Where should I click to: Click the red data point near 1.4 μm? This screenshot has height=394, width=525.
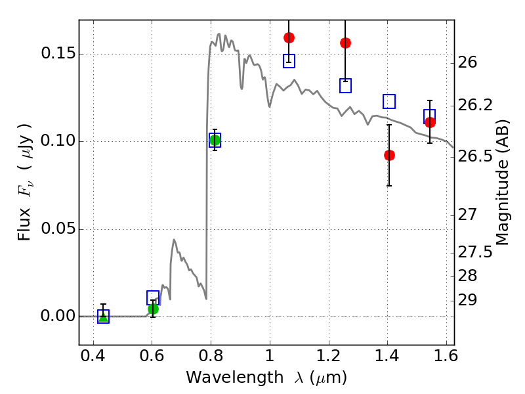pos(389,155)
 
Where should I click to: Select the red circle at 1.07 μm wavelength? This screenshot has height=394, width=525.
pos(289,37)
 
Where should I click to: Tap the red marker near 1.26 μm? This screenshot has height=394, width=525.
pos(345,43)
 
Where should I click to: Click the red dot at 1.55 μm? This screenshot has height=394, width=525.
pos(430,122)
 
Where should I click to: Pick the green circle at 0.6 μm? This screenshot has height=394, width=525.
pos(153,309)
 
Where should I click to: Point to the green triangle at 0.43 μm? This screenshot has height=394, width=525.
pos(103,317)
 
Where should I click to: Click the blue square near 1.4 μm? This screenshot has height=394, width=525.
pos(389,101)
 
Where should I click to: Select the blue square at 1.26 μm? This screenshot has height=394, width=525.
pos(345,85)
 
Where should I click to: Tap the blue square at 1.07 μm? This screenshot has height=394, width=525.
pos(289,61)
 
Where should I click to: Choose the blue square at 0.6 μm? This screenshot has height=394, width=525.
pos(153,297)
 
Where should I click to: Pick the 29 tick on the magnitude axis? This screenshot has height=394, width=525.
pos(471,300)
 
